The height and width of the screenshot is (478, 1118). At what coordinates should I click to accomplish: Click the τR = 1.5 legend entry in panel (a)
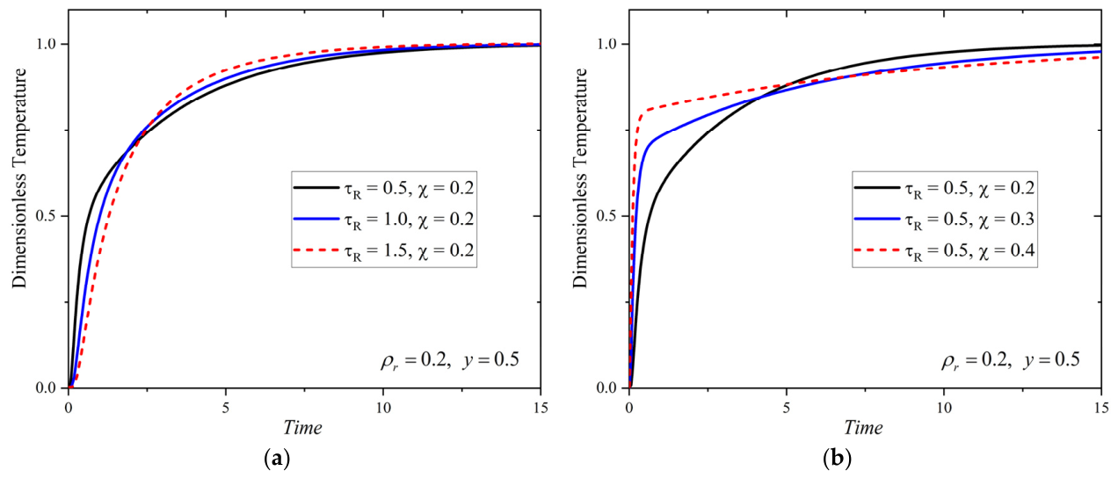point(383,250)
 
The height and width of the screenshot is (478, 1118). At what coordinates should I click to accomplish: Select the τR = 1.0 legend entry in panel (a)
point(383,220)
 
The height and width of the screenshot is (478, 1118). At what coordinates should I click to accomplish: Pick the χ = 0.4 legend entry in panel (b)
point(944,250)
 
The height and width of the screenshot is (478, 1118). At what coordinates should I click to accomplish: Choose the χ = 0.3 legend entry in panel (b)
point(944,220)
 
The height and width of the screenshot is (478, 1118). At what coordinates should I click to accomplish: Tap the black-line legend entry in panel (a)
point(383,189)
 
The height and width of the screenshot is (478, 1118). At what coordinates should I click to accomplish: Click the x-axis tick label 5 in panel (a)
point(226,409)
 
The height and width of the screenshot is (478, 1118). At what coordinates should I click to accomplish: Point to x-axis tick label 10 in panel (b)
point(944,409)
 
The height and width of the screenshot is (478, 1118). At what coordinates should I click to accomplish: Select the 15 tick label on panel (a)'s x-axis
point(540,409)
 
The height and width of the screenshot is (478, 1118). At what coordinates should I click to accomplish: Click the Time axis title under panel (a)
point(302,428)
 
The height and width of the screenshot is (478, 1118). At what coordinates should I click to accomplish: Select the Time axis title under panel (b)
point(863,428)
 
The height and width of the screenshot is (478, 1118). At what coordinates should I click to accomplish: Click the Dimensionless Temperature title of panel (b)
point(580,178)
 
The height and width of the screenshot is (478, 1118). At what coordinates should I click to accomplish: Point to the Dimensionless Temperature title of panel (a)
point(19,178)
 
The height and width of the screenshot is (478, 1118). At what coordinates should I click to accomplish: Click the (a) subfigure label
point(276,458)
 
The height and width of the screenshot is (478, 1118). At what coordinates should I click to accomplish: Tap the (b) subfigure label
point(837,458)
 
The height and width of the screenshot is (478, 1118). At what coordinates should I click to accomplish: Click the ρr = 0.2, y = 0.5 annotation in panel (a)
point(449,360)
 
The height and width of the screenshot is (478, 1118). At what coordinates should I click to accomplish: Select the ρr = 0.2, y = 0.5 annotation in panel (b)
point(1010,360)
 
